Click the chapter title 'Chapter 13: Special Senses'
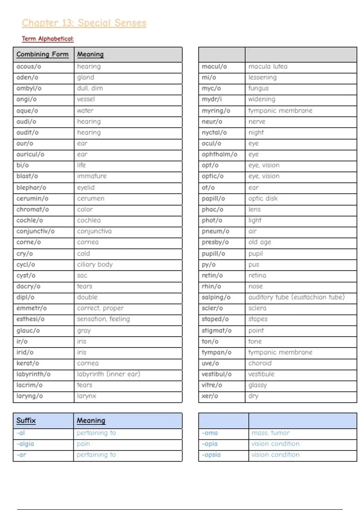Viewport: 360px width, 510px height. click(84, 23)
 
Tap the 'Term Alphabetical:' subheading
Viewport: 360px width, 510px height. click(48, 39)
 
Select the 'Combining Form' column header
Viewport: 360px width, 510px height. click(42, 54)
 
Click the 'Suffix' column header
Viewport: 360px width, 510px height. click(26, 420)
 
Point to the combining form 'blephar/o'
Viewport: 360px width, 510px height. click(31, 187)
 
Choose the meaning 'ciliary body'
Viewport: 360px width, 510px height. click(95, 265)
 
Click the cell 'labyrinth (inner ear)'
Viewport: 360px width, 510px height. click(109, 374)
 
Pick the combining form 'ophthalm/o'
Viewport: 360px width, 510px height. click(219, 154)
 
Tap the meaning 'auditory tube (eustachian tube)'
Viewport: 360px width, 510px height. click(296, 297)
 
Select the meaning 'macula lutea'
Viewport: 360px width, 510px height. click(268, 66)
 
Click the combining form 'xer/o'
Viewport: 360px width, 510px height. click(210, 396)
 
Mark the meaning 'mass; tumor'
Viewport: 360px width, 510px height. click(271, 433)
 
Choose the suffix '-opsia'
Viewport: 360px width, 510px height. click(211, 454)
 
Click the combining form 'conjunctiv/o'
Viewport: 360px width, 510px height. click(35, 231)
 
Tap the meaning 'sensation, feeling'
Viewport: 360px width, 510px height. click(103, 319)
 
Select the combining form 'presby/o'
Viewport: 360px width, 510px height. click(215, 242)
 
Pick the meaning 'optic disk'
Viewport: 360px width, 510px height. click(263, 198)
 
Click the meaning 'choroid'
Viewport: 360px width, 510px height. click(260, 363)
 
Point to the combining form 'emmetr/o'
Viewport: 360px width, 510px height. click(31, 308)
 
